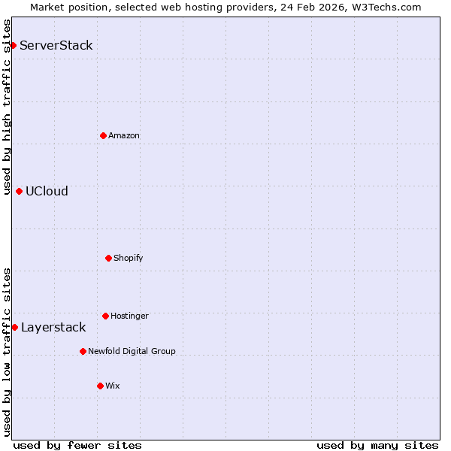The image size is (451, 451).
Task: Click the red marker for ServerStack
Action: tap(13, 45)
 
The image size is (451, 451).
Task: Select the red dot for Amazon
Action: tap(104, 135)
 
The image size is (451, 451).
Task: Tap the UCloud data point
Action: tap(19, 191)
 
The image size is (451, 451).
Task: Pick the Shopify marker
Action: tap(108, 258)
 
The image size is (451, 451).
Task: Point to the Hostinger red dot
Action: tap(105, 316)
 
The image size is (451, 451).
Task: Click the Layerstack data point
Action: tap(14, 327)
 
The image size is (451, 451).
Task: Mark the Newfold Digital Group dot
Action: tap(83, 351)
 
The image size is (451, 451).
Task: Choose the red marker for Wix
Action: tap(100, 386)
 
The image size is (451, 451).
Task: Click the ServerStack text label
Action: tap(56, 45)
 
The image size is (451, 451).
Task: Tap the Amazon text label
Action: tap(124, 135)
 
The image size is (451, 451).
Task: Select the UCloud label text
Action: tap(47, 191)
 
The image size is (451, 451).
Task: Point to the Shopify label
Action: tap(129, 258)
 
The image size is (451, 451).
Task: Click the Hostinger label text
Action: tap(129, 316)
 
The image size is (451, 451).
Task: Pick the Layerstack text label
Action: tap(53, 327)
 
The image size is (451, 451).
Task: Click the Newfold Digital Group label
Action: tap(132, 351)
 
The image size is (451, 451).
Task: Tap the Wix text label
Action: tap(113, 386)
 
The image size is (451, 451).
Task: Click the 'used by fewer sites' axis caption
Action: tap(77, 446)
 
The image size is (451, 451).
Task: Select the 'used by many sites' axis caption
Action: tap(377, 446)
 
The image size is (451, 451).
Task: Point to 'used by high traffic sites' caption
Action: tap(7, 107)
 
